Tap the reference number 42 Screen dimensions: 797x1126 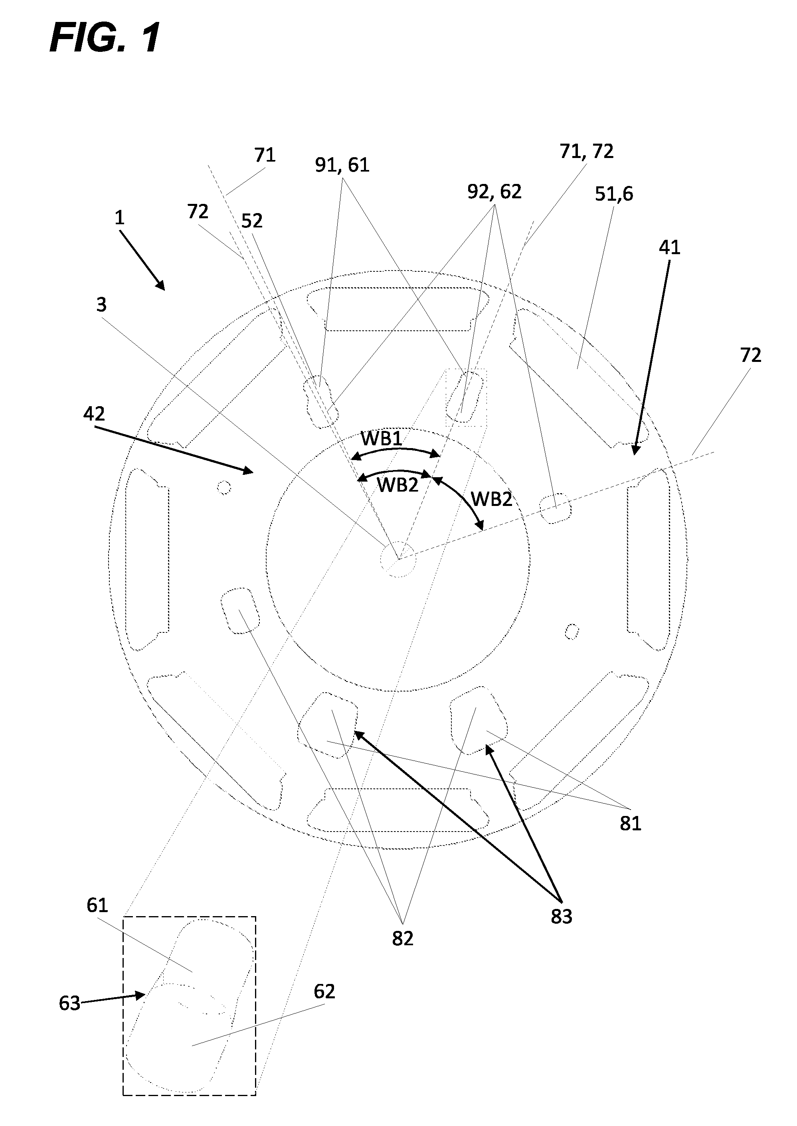tap(94, 414)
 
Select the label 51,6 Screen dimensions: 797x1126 tap(614, 195)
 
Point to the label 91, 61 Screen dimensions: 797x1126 tap(342, 165)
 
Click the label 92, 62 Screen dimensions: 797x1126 tap(494, 192)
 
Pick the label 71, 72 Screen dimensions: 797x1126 tap(586, 151)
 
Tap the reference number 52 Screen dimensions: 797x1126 tap(252, 221)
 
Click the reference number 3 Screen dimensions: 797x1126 tap(101, 305)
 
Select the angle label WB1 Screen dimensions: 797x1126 tap(381, 439)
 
